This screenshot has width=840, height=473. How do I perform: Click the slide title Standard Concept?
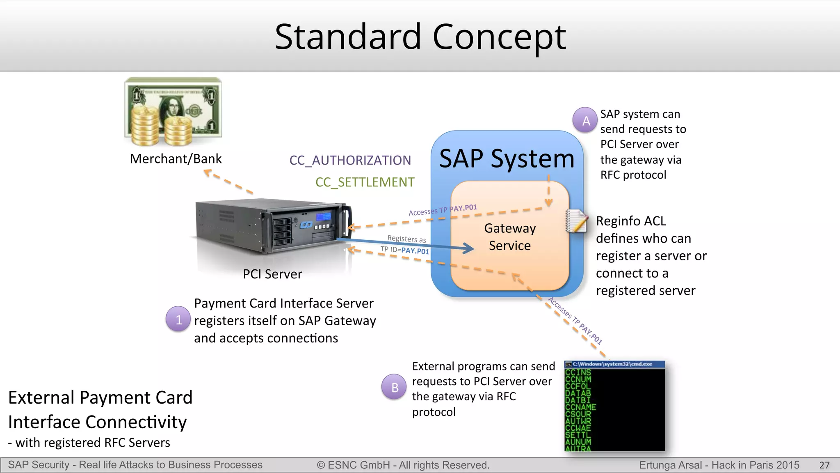(420, 37)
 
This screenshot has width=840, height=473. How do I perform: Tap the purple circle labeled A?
(586, 120)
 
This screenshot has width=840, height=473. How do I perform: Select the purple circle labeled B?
(395, 387)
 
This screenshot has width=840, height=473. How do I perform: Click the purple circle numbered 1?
(178, 319)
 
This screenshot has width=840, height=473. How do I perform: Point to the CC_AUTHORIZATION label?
(350, 160)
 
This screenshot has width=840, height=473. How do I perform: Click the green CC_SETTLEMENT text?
(365, 182)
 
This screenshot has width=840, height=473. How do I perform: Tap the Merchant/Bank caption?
(176, 158)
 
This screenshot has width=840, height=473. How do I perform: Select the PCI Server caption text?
(272, 274)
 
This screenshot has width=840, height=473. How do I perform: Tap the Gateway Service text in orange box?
(510, 237)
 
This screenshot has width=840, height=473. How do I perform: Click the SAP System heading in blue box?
(507, 158)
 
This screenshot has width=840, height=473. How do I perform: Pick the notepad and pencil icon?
(576, 221)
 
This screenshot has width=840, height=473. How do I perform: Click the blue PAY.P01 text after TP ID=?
(415, 251)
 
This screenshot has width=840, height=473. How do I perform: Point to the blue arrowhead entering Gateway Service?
(469, 248)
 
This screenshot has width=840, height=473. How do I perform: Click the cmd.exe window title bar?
(614, 364)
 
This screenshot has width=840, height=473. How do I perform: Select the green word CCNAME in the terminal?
(580, 407)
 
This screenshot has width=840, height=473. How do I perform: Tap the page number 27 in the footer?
(824, 465)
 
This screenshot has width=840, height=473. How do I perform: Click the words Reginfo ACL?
(631, 221)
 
